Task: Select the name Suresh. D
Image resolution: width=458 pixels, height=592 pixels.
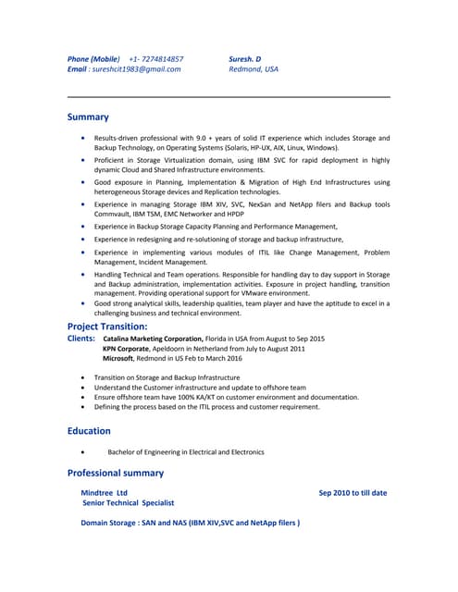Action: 245,58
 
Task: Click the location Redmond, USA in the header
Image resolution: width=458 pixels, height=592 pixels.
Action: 253,69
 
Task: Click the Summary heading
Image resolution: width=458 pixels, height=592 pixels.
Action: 88,117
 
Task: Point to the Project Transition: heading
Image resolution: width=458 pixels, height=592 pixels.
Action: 106,327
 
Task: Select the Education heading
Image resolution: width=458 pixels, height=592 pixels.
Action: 89,431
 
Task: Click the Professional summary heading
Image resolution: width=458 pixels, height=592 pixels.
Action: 116,473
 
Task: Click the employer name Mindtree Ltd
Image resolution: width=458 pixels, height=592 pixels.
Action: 105,493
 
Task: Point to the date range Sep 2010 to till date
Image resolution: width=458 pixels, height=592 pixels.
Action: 353,493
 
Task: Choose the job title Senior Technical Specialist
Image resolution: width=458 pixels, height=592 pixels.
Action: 128,503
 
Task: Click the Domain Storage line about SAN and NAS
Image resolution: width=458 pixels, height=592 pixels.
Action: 190,523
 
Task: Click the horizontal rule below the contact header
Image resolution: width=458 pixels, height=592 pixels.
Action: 229,96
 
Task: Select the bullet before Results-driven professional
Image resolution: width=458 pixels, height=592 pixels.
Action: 84,138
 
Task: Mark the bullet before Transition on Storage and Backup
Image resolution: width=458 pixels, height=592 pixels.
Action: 84,377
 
